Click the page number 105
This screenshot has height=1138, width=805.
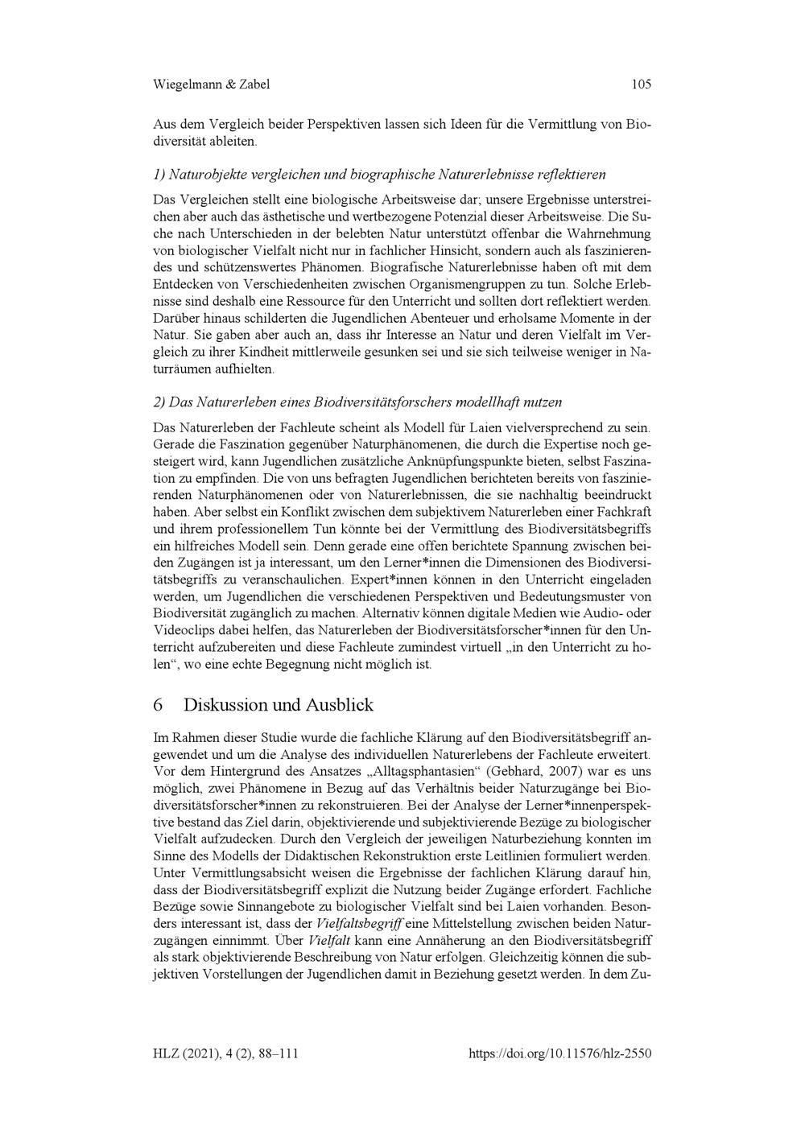point(641,84)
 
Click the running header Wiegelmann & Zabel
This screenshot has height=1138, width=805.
point(211,84)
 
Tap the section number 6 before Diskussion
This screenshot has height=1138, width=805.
point(158,705)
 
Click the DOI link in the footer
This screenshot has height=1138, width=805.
point(559,1053)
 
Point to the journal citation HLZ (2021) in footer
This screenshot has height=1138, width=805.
point(186,1053)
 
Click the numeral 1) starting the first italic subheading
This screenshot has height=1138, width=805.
point(159,174)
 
